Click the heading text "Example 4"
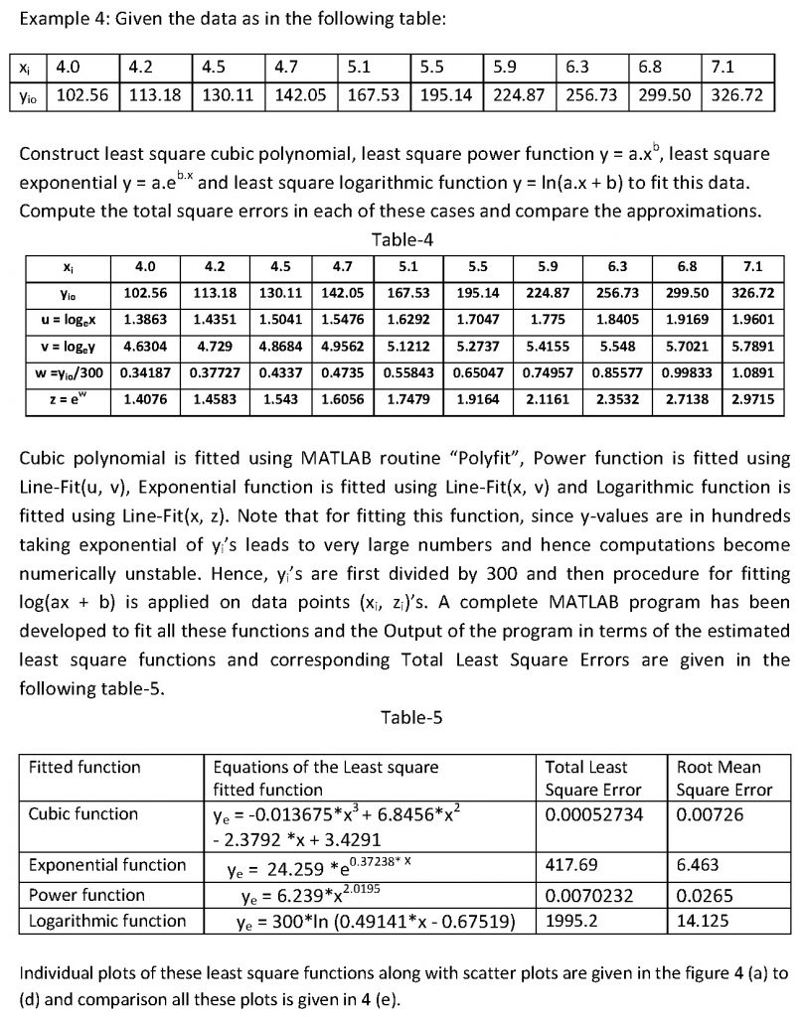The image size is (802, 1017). coord(60,18)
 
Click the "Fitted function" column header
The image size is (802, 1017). coord(85,767)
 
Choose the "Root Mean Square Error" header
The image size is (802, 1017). coord(723,778)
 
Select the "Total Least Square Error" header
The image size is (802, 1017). coord(593,778)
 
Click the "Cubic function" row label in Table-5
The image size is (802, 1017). coord(83,813)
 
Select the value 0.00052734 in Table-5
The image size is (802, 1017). coord(594,813)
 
